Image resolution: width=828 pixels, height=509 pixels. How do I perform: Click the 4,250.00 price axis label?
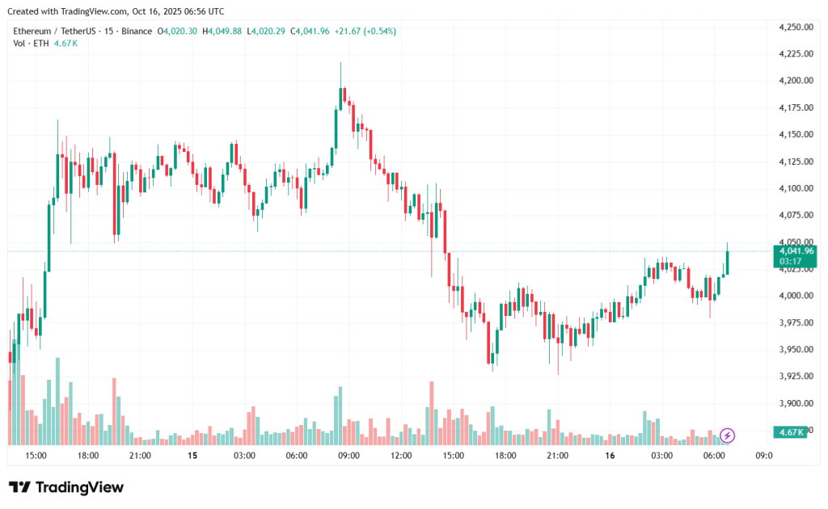point(795,27)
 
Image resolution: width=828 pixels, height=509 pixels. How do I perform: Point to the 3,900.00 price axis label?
point(795,403)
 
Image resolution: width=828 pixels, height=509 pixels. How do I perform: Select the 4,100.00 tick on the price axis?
point(795,188)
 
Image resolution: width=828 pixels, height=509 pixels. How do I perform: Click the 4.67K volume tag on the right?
point(790,432)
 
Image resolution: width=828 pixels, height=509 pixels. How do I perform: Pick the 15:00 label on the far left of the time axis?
point(36,456)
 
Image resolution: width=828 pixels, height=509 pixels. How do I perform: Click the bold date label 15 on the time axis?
point(192,456)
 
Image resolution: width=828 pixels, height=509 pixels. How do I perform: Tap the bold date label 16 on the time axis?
point(610,456)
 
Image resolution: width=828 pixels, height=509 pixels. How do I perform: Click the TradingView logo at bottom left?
point(66,487)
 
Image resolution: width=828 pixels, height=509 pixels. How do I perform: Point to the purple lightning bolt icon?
point(727,436)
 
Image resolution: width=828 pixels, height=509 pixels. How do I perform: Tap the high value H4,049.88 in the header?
point(222,31)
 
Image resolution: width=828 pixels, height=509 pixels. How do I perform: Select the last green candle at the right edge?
point(727,262)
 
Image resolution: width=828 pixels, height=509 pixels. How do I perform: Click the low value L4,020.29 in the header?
point(267,31)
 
